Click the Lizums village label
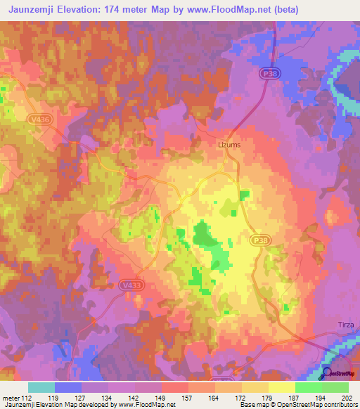[228, 145]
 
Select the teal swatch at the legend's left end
[41, 387]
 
